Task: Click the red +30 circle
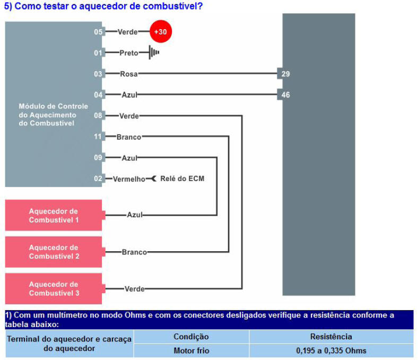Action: click(161, 31)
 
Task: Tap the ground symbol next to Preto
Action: click(154, 53)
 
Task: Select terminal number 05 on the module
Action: click(98, 32)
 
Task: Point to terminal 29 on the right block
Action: click(285, 74)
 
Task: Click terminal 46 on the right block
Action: click(285, 95)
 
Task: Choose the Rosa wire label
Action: click(129, 74)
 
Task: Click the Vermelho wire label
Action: click(129, 179)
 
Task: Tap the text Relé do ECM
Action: click(182, 178)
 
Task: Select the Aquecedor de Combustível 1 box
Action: click(54, 215)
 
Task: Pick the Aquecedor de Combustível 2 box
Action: click(54, 252)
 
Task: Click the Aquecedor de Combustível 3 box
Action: click(54, 288)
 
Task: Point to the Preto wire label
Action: click(129, 53)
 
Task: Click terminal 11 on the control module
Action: click(98, 136)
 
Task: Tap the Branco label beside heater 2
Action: click(134, 252)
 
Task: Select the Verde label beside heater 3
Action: click(135, 289)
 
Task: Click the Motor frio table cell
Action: click(191, 350)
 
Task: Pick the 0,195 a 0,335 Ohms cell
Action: click(331, 350)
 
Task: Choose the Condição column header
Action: click(191, 337)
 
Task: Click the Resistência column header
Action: click(331, 337)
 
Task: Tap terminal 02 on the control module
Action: click(98, 178)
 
